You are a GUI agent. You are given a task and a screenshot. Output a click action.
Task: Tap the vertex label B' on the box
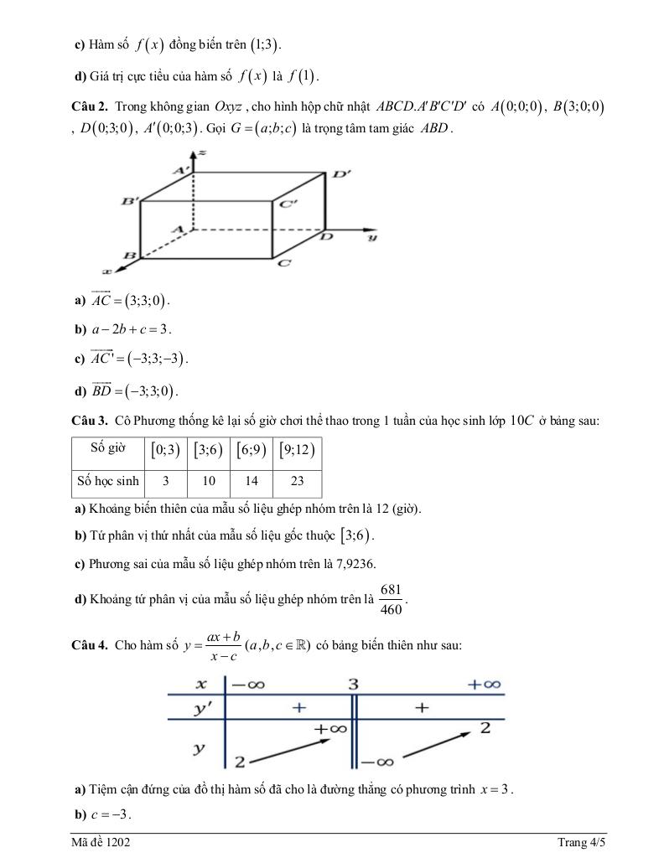point(129,201)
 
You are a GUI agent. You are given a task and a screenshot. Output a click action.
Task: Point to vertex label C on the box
point(283,263)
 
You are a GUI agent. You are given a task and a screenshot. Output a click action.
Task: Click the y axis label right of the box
point(372,238)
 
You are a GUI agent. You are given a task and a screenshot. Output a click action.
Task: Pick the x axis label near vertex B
point(106,271)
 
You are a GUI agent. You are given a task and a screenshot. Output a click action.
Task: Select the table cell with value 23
point(298,482)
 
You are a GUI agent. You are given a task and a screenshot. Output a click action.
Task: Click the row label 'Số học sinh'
point(108,482)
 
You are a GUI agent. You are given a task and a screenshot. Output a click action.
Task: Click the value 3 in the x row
point(353,685)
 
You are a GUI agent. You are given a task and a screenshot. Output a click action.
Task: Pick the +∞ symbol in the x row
point(484,685)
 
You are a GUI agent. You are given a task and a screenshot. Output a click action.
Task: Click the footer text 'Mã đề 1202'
point(101,842)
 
